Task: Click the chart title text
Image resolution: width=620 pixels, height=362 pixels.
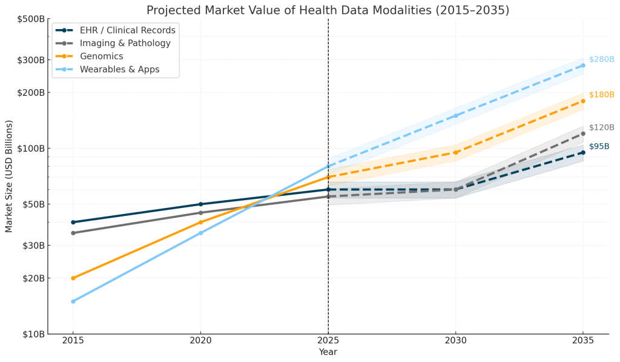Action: pos(328,10)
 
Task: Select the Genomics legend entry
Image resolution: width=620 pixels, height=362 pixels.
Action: pos(101,56)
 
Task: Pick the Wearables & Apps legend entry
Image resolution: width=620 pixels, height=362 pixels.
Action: pos(119,70)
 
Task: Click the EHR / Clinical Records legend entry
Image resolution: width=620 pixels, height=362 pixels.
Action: pos(128,30)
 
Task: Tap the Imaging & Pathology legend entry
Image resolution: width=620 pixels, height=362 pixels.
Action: pos(125,43)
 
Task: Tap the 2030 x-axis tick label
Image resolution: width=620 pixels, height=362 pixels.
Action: pos(455,341)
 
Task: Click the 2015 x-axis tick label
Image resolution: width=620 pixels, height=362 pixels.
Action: pos(73,341)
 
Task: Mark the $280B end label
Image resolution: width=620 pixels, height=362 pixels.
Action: pos(601,59)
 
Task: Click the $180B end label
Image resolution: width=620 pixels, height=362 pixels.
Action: pos(601,95)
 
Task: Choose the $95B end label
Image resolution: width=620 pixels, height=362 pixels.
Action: pos(599,147)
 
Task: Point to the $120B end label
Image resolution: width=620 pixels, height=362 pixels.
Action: pos(601,128)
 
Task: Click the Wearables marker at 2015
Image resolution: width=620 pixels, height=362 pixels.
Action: pos(73,301)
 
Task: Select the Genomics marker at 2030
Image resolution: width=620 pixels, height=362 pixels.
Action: pos(455,152)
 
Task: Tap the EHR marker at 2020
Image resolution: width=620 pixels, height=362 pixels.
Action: pos(200,204)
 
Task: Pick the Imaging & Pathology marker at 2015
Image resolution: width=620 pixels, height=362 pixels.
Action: pos(73,233)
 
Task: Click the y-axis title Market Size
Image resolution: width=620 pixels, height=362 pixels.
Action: pos(9,176)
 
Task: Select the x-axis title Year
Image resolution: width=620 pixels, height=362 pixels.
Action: pos(328,352)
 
